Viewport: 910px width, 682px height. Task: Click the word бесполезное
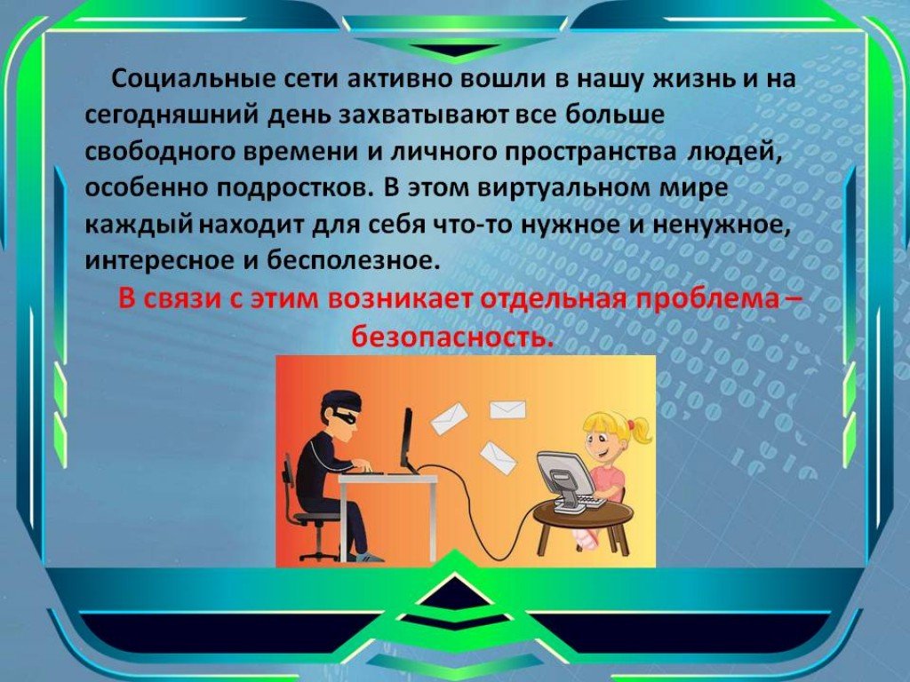(x=350, y=261)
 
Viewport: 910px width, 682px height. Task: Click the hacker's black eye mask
(x=344, y=416)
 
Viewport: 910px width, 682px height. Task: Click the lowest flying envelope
(x=498, y=458)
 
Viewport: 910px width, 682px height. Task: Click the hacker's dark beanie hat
(x=341, y=400)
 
